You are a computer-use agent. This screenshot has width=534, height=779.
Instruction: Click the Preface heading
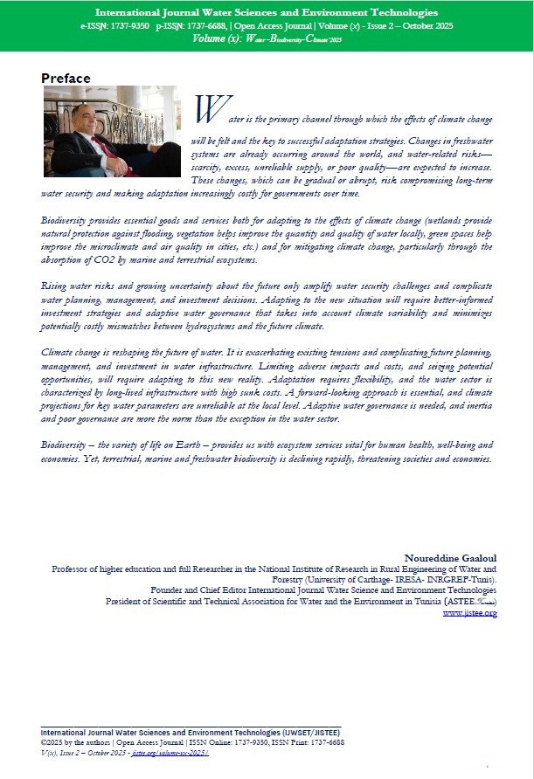[66, 79]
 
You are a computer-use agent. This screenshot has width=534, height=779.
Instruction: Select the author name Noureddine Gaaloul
[451, 557]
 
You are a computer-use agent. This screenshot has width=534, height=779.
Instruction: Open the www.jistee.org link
[470, 613]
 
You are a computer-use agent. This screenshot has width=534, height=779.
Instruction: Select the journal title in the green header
[267, 14]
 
